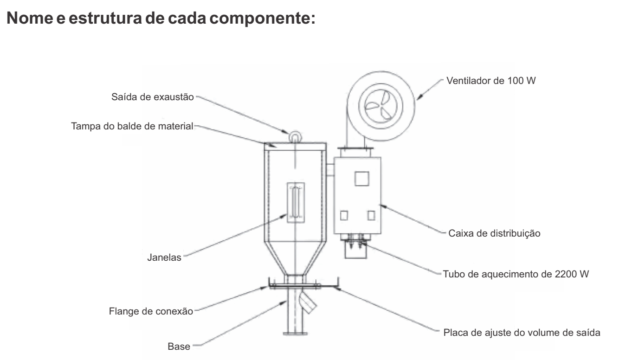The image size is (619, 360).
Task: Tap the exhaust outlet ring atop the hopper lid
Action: [294, 136]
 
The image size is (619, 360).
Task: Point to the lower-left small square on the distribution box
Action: [344, 215]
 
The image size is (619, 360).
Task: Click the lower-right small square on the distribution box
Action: [371, 215]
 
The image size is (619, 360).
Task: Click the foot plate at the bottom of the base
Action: [294, 332]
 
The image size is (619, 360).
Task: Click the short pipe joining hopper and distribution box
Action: [329, 166]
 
